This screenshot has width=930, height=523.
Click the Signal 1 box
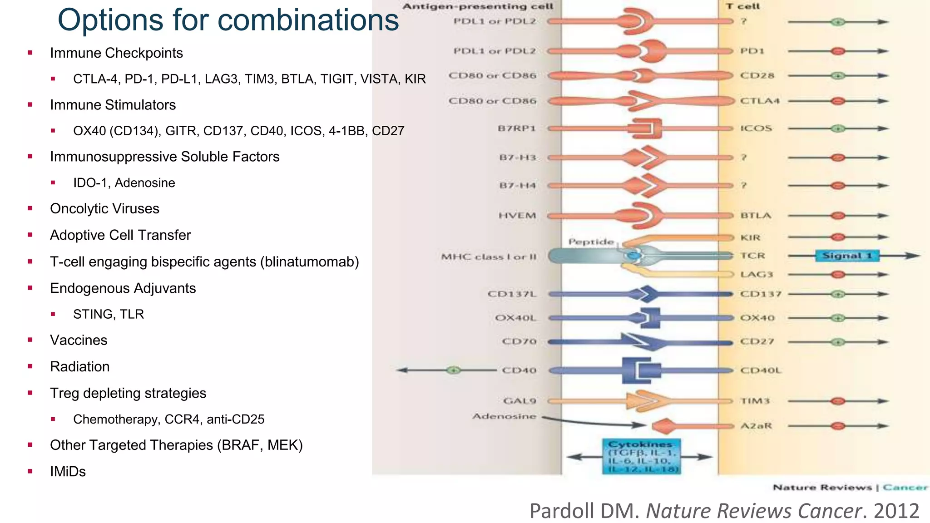click(847, 256)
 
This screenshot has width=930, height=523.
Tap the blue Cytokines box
click(642, 456)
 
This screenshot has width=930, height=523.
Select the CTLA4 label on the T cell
click(760, 101)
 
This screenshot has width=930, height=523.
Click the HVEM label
click(517, 215)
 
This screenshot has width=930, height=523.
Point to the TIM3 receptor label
click(755, 401)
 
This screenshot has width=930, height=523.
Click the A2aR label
click(756, 426)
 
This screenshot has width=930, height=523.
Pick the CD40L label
click(761, 370)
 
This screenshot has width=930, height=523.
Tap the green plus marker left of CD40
click(453, 370)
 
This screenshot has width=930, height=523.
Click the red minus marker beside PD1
click(838, 51)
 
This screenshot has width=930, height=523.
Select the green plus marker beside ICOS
click(838, 128)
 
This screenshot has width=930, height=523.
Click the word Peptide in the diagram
click(591, 242)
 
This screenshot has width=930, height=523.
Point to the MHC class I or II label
click(489, 257)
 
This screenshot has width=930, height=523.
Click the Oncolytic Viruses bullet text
click(104, 209)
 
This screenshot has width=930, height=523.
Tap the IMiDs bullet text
click(68, 471)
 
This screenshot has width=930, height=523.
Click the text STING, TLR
click(108, 314)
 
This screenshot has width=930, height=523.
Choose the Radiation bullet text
click(79, 367)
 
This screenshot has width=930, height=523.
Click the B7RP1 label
click(517, 128)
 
